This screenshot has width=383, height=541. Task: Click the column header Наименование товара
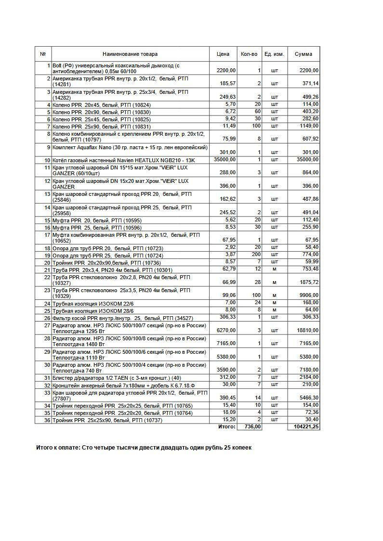(x=130, y=54)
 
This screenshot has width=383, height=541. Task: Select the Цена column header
(x=223, y=54)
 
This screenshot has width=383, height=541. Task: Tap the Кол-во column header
(x=249, y=54)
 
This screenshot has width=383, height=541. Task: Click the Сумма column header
(x=303, y=54)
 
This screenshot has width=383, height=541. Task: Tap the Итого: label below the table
(x=226, y=427)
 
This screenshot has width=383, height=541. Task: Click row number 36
(x=47, y=420)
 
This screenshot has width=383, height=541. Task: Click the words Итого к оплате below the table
(x=58, y=448)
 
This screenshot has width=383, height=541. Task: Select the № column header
(x=43, y=54)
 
